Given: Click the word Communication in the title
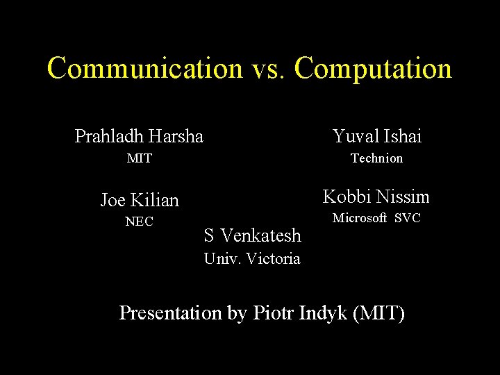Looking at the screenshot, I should [x=144, y=69].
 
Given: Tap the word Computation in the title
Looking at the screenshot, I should [x=373, y=69].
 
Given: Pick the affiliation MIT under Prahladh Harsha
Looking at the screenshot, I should [x=139, y=158].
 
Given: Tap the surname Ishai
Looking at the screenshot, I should [x=401, y=136].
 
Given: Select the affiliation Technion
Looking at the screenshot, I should [x=376, y=158].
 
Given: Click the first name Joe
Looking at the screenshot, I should [x=113, y=200].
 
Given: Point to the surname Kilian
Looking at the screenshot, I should [x=155, y=200].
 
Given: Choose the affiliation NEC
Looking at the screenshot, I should [x=139, y=222].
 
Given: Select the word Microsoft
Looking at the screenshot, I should [x=360, y=218].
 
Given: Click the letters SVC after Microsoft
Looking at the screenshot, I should [x=408, y=218].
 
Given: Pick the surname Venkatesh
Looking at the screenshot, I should [x=260, y=235].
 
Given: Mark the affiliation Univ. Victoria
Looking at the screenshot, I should [x=252, y=259].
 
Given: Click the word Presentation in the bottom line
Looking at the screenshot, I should [x=169, y=312].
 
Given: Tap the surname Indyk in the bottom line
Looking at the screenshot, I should [x=324, y=312].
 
